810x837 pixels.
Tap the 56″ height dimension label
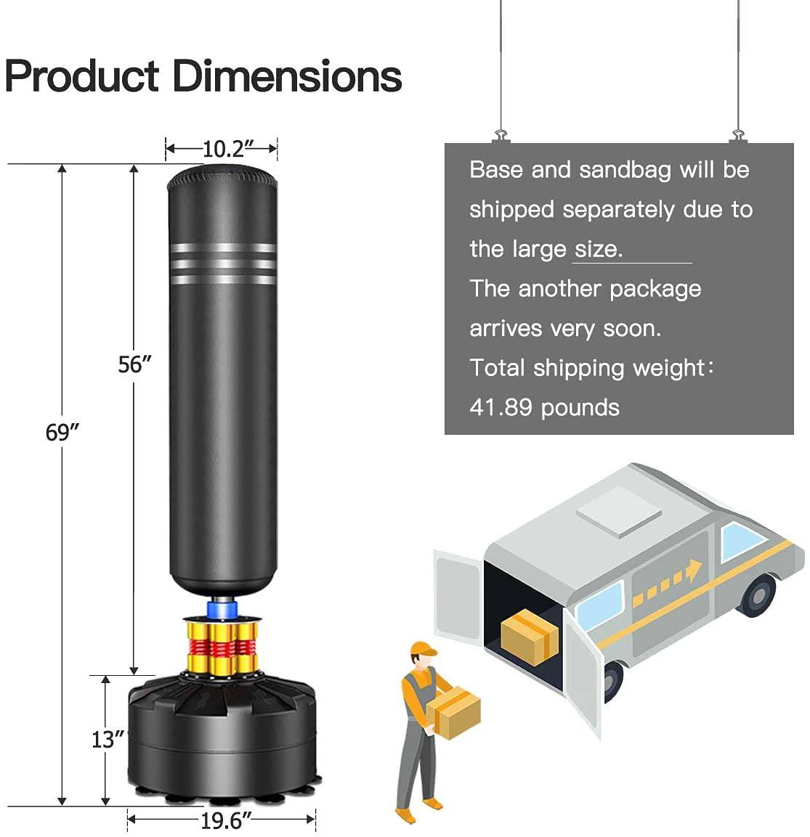[134, 364]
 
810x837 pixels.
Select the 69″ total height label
[62, 432]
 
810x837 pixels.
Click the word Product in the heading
[81, 76]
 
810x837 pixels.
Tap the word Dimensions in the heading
[287, 76]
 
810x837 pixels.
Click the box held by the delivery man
[454, 713]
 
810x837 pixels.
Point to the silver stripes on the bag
[223, 264]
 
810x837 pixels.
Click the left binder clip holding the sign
[501, 136]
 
